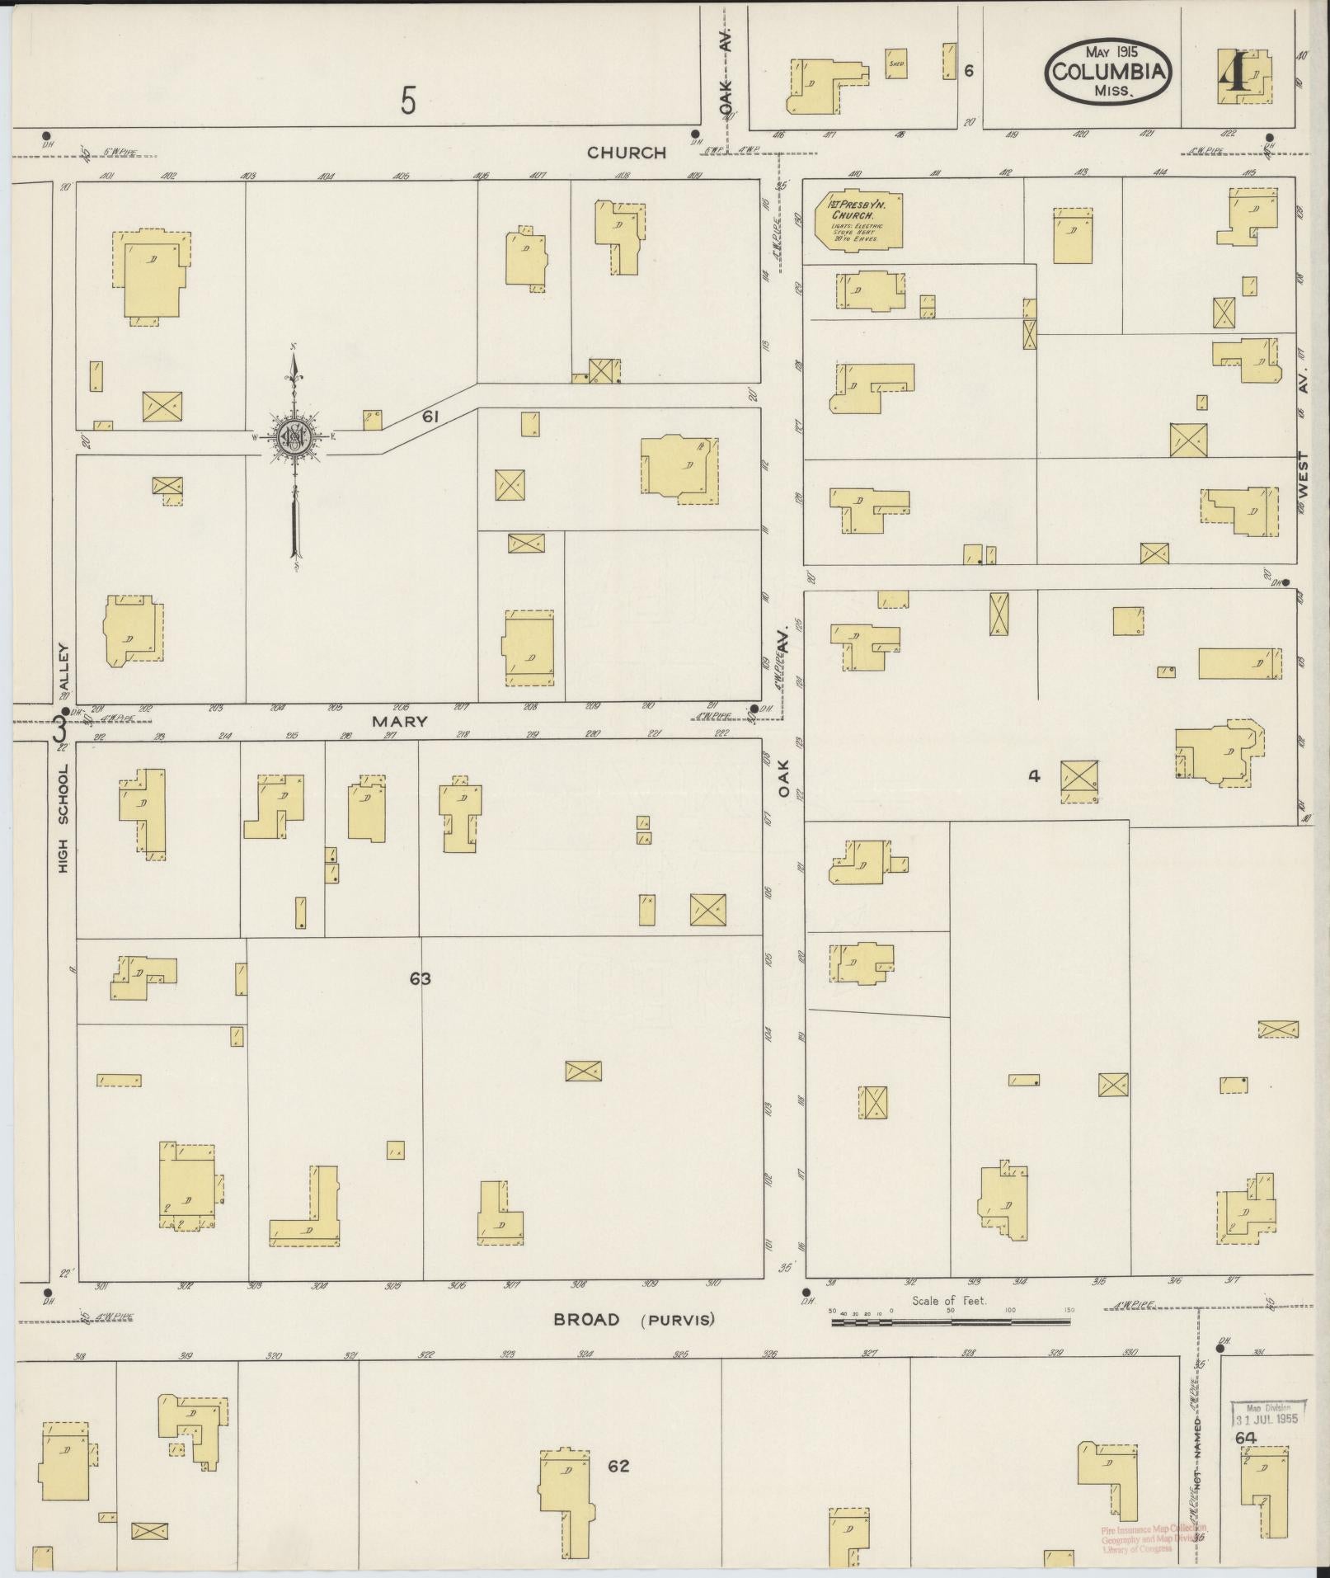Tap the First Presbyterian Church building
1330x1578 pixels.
(x=858, y=219)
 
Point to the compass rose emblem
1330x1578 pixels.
(x=293, y=437)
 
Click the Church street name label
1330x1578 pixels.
(x=627, y=153)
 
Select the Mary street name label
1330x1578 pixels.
(x=400, y=721)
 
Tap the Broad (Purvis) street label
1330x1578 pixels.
(x=633, y=1320)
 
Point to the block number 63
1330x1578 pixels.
(x=421, y=979)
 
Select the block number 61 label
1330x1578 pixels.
(x=430, y=418)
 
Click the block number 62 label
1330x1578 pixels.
(x=618, y=1466)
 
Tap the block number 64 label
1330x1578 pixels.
(x=1245, y=1438)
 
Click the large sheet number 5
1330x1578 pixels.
(x=408, y=101)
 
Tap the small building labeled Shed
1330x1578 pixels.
(x=896, y=64)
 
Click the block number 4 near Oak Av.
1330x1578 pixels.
(x=1034, y=775)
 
